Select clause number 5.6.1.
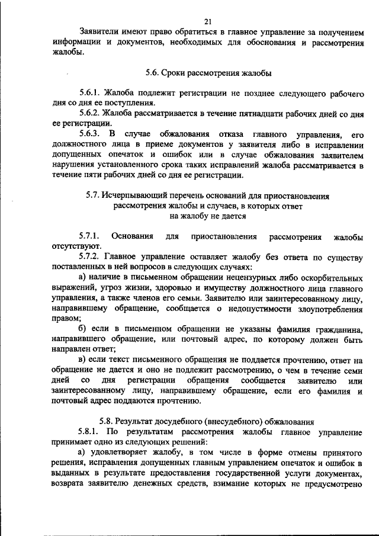(x=90, y=94)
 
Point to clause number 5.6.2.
(x=90, y=113)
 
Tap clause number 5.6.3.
(x=90, y=133)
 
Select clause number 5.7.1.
(x=92, y=236)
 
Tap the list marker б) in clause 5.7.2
(x=83, y=328)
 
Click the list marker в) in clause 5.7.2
(x=83, y=359)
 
